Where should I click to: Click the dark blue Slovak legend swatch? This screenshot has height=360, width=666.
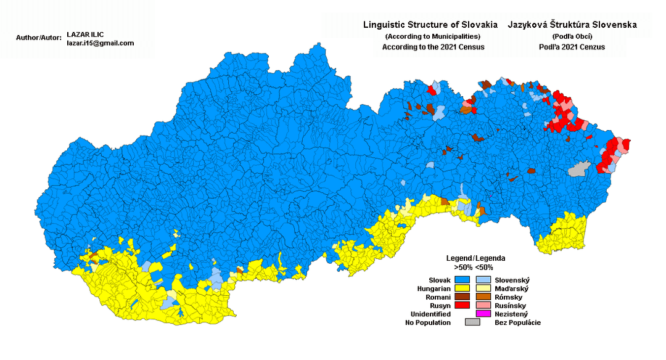click(461, 279)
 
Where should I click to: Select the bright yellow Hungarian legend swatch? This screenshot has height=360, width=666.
click(461, 288)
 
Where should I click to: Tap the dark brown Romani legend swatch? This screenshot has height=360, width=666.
click(461, 297)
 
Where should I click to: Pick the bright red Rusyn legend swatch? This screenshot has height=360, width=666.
click(461, 305)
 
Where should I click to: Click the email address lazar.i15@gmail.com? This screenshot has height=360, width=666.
click(101, 43)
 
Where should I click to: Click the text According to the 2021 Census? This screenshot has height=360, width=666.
click(433, 47)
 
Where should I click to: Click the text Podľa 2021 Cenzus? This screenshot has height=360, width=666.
click(572, 47)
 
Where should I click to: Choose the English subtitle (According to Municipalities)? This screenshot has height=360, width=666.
click(432, 36)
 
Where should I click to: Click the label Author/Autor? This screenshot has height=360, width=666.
click(39, 38)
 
